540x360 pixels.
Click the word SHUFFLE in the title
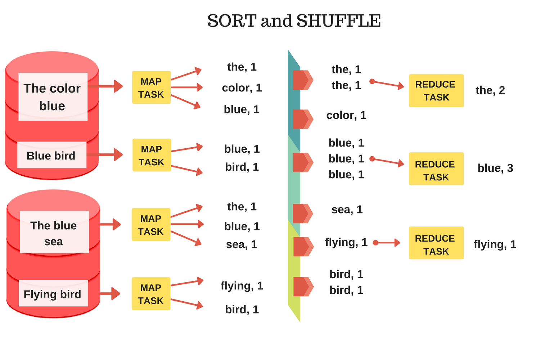pos(338,21)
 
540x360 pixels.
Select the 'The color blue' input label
pos(53,97)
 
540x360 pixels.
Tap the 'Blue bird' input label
pos(51,156)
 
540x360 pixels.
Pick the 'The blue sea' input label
pos(54,233)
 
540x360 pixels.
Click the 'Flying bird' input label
pos(53,294)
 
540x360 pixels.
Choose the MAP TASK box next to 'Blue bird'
pos(152,156)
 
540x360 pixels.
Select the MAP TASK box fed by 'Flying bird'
pos(151,294)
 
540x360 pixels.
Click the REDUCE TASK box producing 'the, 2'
pos(436,91)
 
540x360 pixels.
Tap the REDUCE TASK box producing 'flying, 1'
pos(436,243)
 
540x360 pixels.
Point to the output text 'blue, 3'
pos(495,168)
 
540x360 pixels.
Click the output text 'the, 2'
pos(490,90)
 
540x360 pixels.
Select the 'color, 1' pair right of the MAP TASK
pos(242,88)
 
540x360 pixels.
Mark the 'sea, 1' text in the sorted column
pos(347,210)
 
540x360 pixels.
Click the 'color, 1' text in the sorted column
pos(346,115)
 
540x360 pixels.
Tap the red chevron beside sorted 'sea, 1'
pos(302,213)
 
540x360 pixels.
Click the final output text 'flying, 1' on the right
pos(495,244)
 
